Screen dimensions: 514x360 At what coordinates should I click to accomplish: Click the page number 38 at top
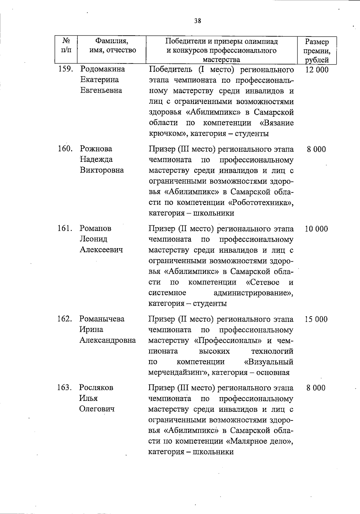tap(197, 21)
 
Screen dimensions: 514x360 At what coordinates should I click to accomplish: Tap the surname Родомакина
tap(103, 69)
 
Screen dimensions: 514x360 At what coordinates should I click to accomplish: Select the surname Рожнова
tap(96, 149)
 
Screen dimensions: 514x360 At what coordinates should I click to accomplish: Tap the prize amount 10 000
tap(316, 229)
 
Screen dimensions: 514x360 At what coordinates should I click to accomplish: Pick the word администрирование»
tap(253, 293)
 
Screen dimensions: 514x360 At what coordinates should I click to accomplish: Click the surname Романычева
tap(102, 319)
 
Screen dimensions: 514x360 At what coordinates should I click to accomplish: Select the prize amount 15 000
tap(316, 319)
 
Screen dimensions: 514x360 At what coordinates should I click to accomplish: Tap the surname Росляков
tap(96, 387)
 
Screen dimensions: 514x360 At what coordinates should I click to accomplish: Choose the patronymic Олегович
tap(97, 409)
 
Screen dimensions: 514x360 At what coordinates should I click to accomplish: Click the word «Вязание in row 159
tap(277, 123)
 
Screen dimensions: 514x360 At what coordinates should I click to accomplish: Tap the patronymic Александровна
tap(107, 340)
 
